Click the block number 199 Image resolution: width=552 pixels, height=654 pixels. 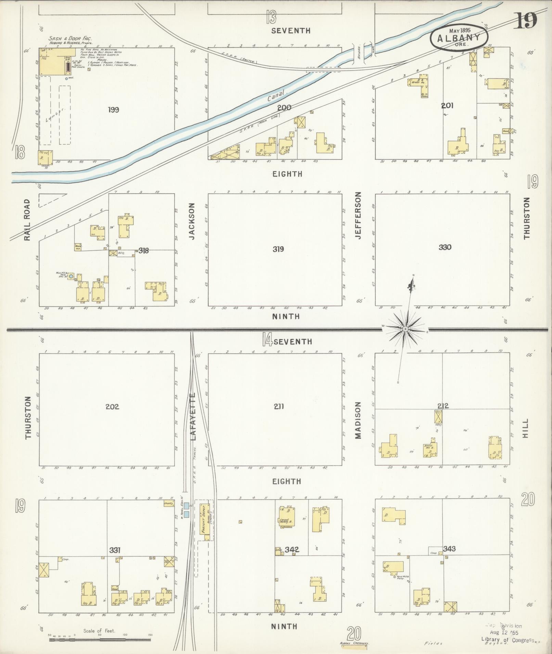coord(113,110)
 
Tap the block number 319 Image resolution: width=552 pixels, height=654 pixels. coord(278,249)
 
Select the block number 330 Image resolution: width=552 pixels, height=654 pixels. coord(445,247)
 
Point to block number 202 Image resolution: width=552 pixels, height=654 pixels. coord(112,406)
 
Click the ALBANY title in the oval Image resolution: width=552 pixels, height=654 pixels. coord(459,37)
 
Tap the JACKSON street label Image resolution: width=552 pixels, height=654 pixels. coord(192,221)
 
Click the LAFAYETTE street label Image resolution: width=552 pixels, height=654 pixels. coord(193,416)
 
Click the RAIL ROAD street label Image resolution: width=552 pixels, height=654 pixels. coord(27,220)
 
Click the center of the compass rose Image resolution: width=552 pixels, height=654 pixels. coord(405,329)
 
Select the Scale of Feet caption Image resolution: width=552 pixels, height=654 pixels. coord(99,631)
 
